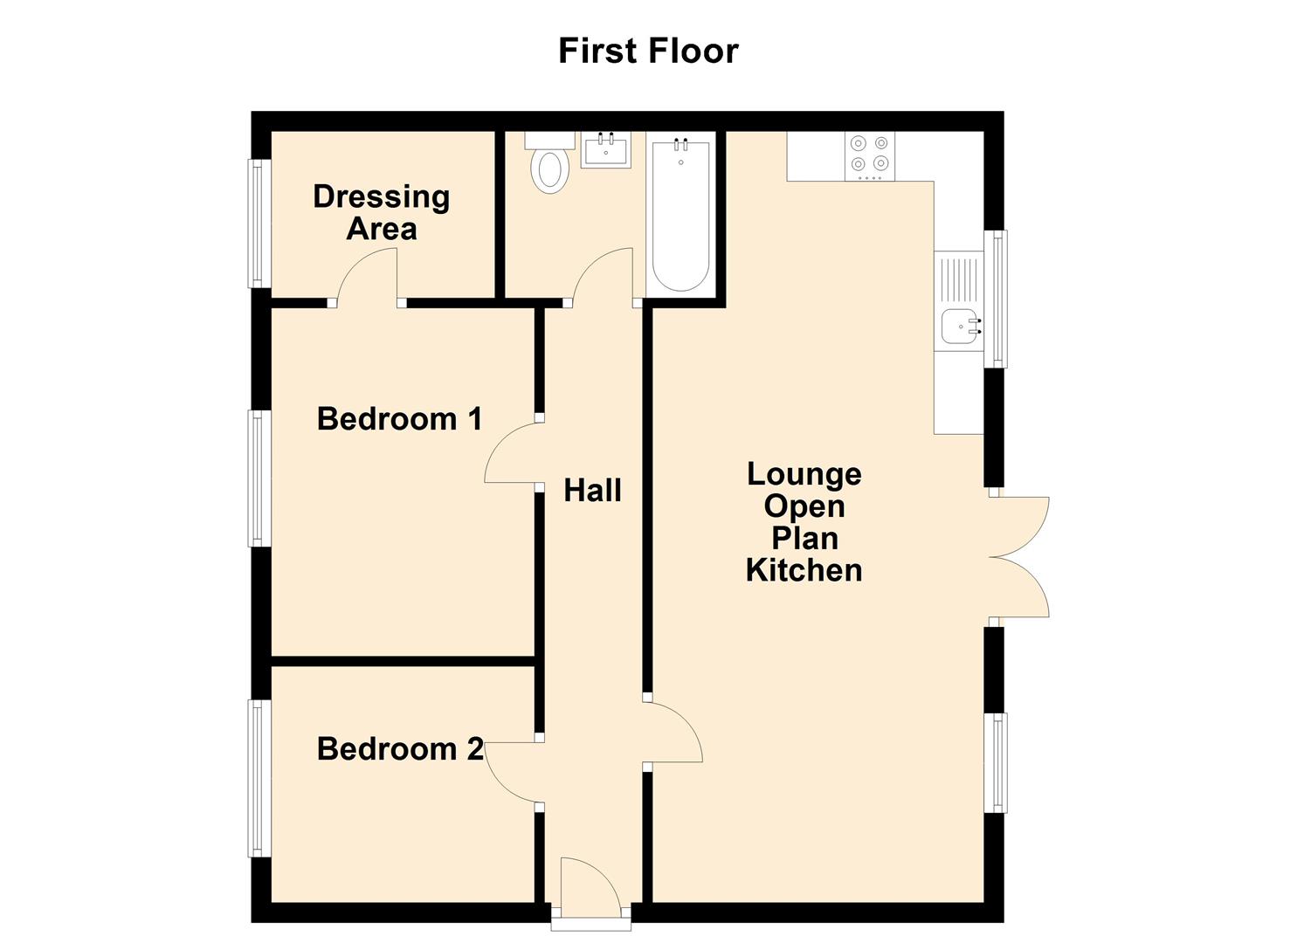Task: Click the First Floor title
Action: pos(648,51)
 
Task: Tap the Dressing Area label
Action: pos(382,212)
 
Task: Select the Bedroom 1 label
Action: pos(399,419)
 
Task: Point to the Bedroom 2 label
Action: pos(400,749)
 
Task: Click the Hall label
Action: pos(592,491)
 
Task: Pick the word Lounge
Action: pos(804,474)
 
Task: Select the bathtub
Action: pos(681,214)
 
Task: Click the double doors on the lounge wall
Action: pos(1020,557)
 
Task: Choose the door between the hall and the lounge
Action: pos(674,733)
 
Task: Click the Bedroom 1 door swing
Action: pos(511,452)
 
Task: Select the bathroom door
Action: pos(603,275)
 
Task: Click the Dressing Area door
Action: pos(367,275)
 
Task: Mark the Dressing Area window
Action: pos(259,224)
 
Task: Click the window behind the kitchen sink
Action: pos(996,299)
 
